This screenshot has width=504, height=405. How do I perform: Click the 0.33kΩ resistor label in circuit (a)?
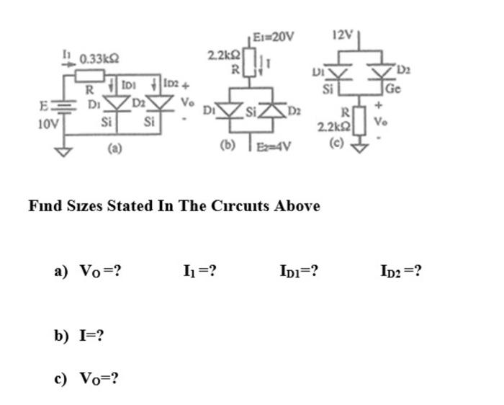point(100,58)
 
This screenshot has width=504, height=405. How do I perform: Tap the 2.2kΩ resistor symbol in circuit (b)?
point(251,62)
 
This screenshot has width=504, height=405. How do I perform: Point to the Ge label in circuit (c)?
point(392,89)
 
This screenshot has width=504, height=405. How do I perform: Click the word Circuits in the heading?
point(243,205)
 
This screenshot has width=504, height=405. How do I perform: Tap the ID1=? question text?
point(299,272)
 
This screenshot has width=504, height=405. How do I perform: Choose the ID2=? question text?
point(400,272)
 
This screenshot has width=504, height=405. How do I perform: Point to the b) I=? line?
point(80,335)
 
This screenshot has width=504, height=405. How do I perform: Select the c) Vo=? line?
point(86,378)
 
